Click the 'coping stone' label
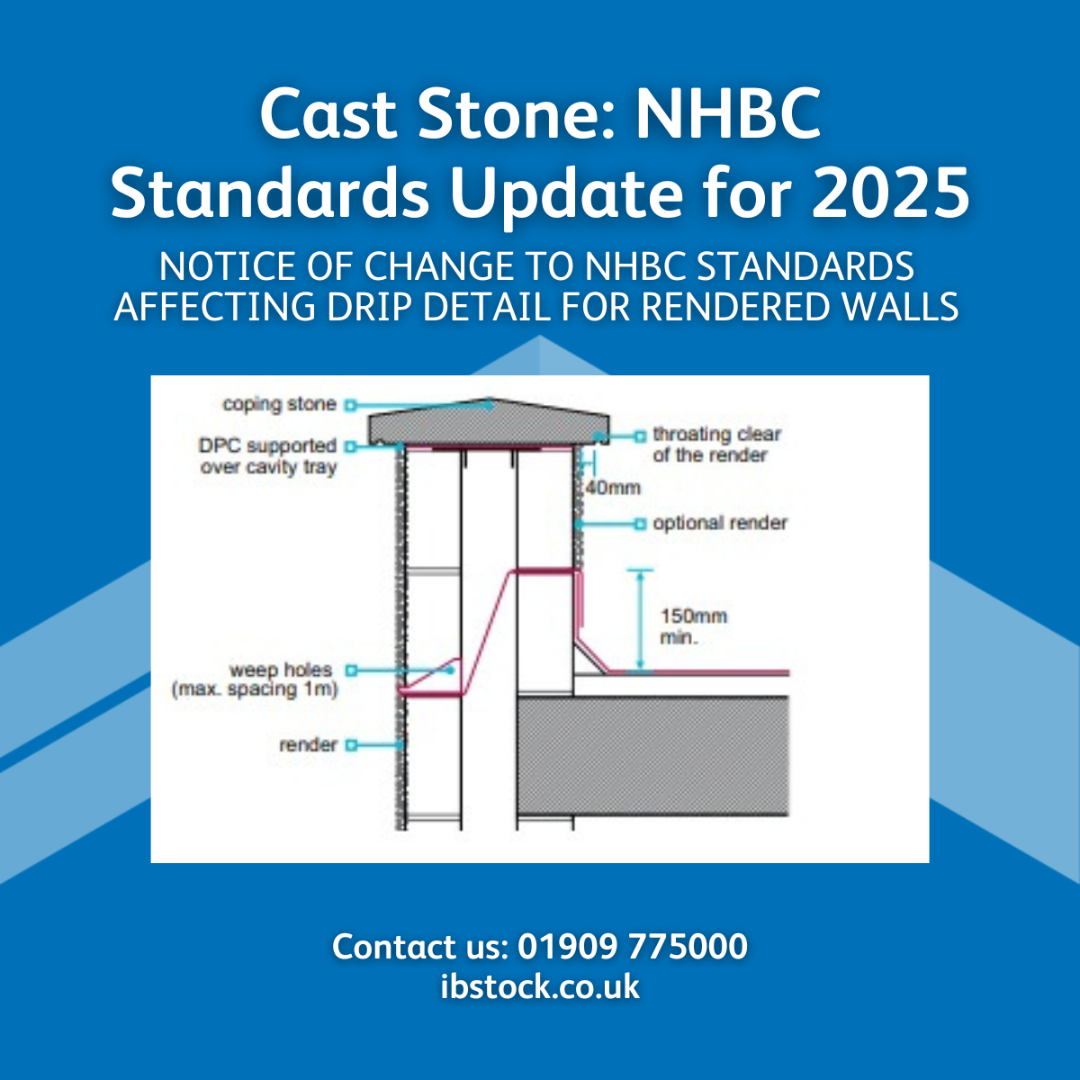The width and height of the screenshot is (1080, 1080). pos(279,404)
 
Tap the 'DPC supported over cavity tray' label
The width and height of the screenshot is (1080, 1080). pos(268,456)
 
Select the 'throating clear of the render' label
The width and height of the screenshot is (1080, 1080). pos(716,445)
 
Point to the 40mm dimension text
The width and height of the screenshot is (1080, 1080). pos(613,488)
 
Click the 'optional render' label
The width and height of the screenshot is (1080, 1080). pos(720,523)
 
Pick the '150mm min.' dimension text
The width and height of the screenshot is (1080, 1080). pos(693,626)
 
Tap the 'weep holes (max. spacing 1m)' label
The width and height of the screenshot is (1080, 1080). pos(255,680)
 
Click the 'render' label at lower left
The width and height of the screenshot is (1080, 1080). pos(308,745)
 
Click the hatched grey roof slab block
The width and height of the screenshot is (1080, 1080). pos(653,756)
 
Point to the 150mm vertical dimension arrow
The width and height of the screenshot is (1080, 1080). pos(640,620)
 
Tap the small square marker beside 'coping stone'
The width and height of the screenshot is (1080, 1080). pos(352,405)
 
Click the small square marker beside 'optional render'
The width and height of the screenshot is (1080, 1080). pos(640,523)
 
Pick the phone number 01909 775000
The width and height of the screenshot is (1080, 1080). pos(633,947)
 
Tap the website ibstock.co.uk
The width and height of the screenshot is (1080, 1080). pos(540,986)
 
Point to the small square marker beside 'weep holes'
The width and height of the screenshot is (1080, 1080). pos(352,670)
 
